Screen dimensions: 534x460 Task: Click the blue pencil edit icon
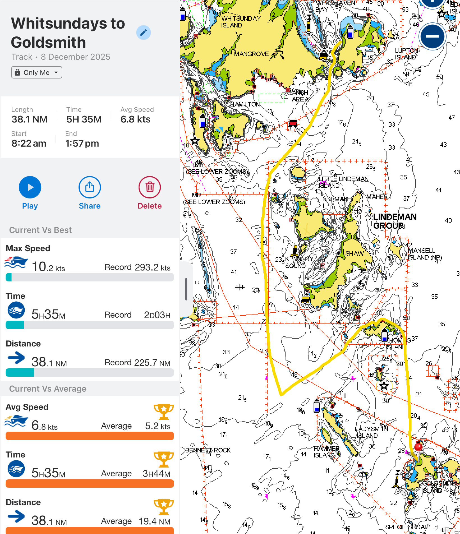143,33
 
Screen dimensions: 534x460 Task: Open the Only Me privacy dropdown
36,72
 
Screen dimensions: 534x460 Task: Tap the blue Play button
30,187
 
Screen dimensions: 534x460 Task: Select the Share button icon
89,187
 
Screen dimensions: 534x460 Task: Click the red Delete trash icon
150,187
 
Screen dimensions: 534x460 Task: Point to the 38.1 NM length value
29,119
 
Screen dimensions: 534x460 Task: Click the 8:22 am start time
29,143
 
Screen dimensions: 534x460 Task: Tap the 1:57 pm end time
82,143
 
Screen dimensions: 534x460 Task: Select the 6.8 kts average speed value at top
135,119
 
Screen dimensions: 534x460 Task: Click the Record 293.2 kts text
137,267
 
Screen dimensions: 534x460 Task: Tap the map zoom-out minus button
432,36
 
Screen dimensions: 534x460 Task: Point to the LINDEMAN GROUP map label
395,221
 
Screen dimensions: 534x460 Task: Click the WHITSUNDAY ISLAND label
241,22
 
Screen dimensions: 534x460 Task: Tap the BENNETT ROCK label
208,450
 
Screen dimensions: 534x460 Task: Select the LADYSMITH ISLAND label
371,432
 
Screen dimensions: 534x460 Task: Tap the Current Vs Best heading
40,230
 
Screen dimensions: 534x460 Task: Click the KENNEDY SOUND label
299,262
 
